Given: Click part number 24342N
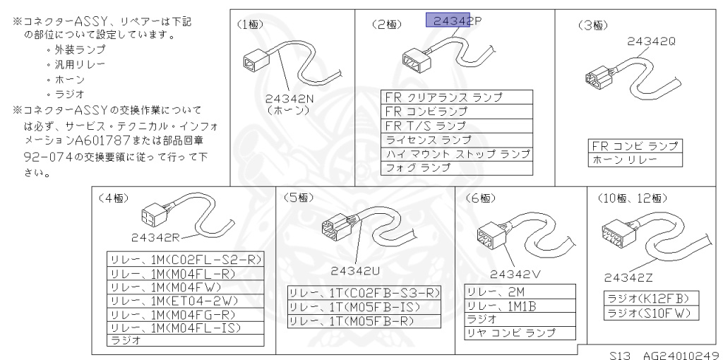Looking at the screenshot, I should (289, 99).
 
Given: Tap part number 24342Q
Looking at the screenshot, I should (651, 42).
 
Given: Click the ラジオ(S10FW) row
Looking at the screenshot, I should (646, 312).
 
